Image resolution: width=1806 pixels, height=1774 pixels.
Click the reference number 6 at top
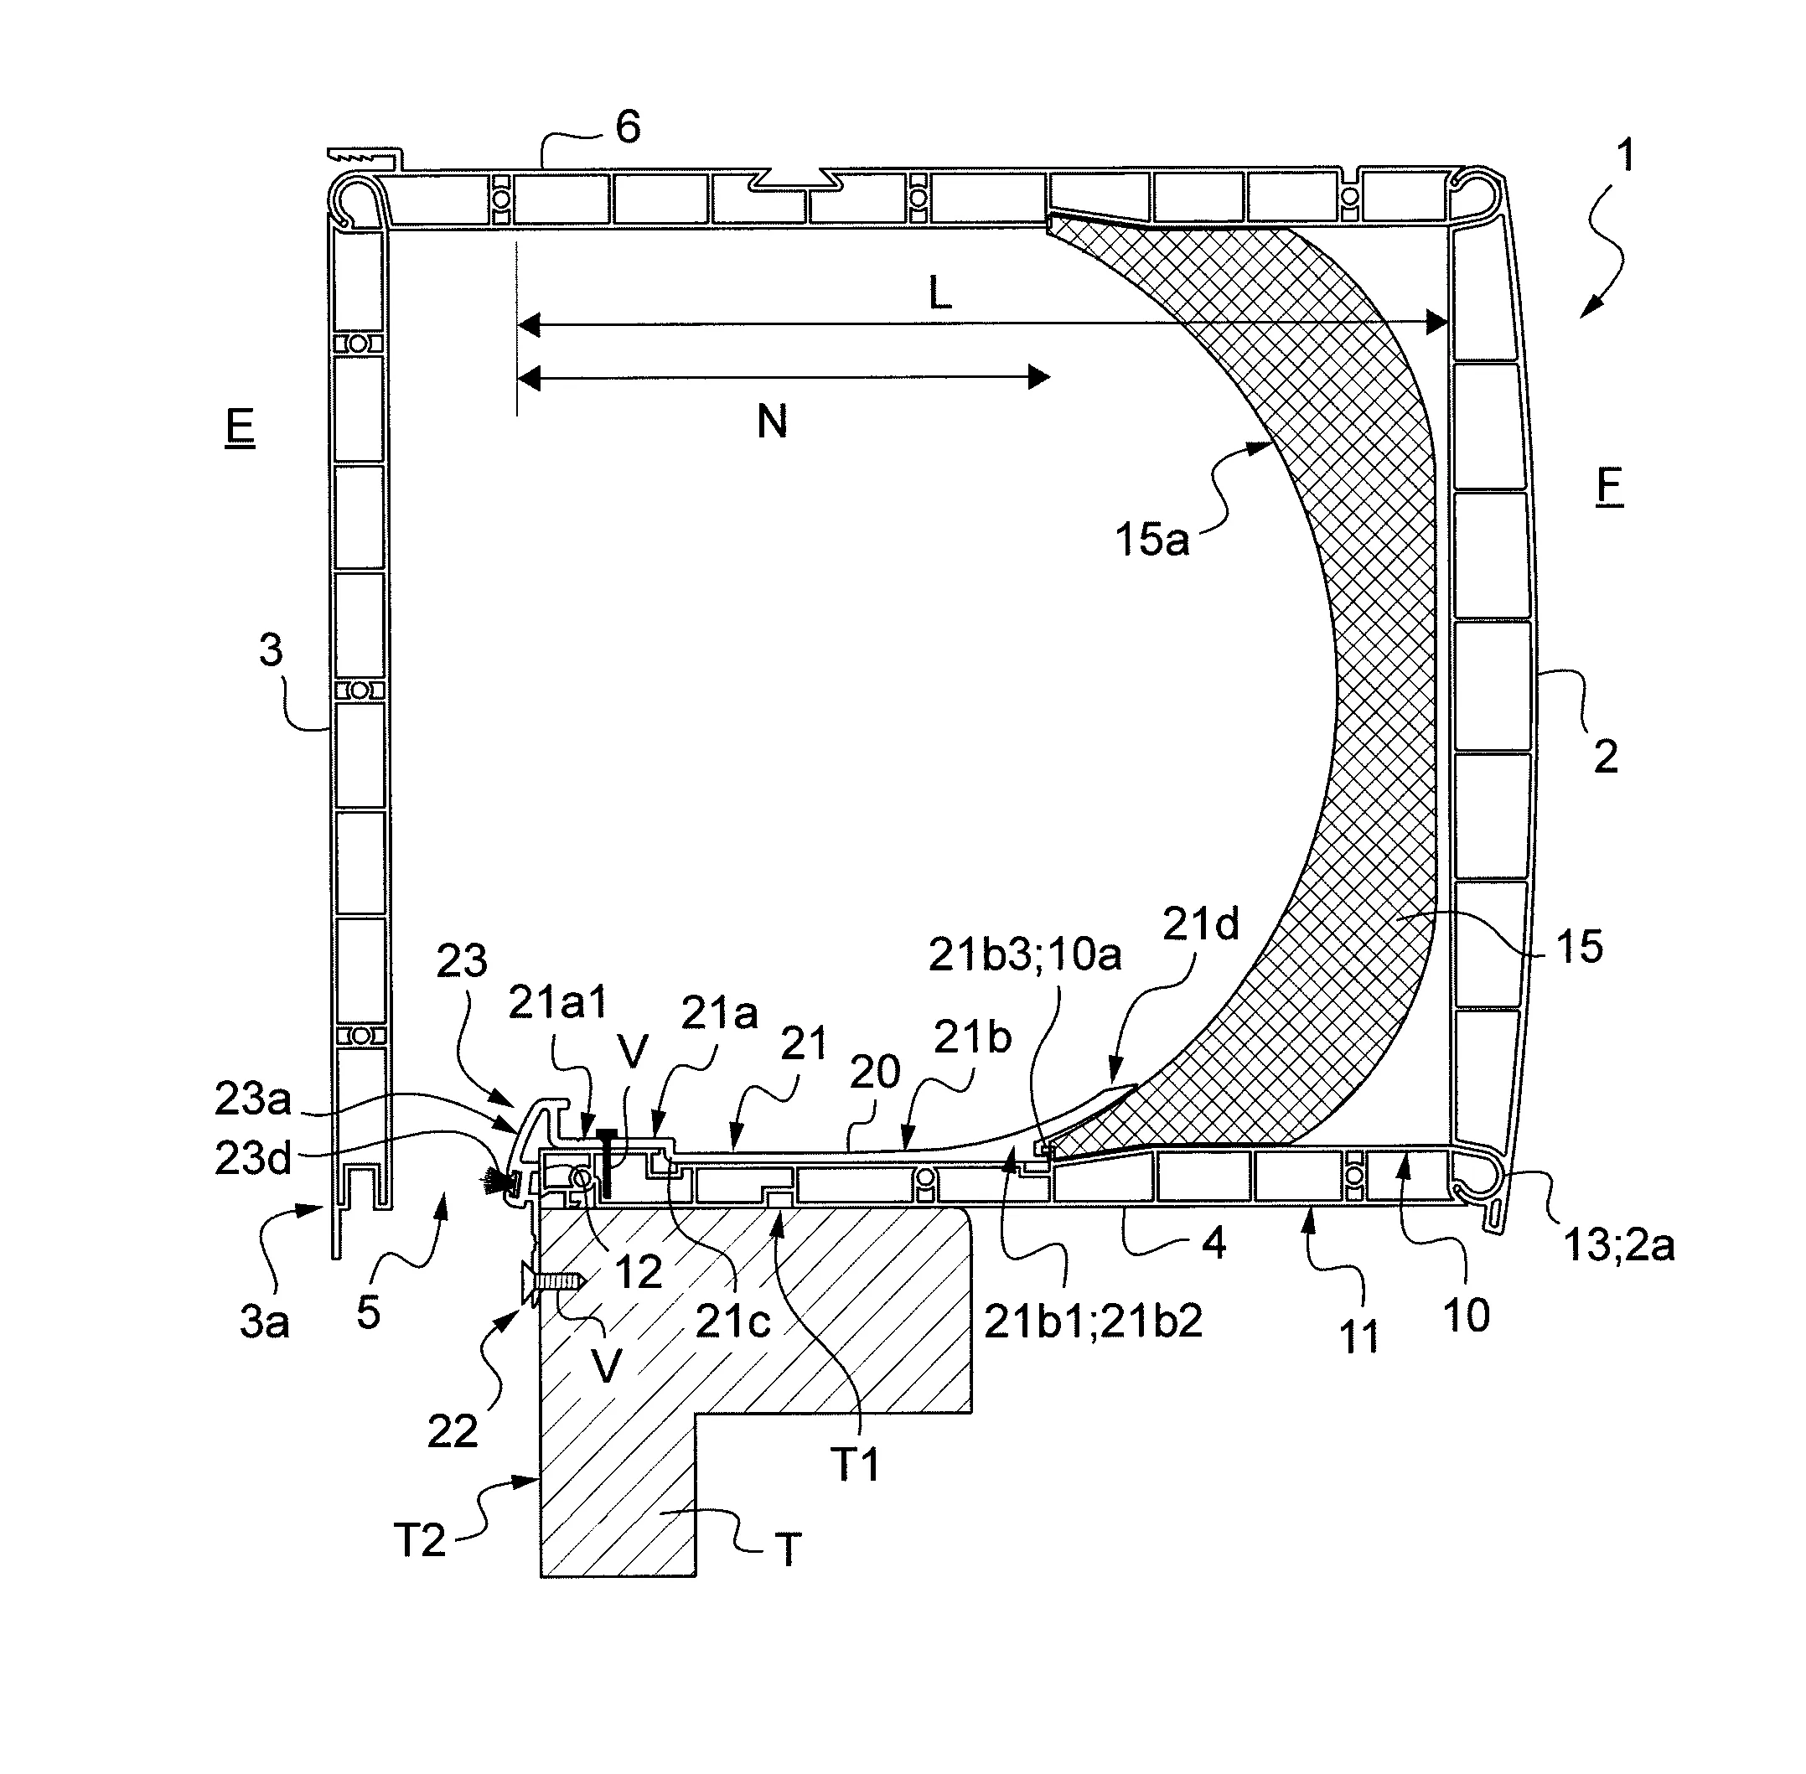[x=628, y=127]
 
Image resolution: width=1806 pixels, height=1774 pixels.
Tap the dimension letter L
[x=939, y=294]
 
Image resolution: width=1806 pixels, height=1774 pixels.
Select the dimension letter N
[x=772, y=422]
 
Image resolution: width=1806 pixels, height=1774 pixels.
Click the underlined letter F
[x=1608, y=485]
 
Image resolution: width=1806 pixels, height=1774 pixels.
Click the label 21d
[x=1200, y=924]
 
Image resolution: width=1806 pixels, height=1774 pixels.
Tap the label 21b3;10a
[x=1024, y=956]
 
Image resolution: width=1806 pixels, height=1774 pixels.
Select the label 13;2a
[x=1618, y=1244]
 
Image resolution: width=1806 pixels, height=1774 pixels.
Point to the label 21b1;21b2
[x=1093, y=1321]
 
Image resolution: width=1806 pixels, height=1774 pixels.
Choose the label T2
[x=419, y=1540]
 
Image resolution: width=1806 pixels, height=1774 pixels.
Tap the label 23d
[x=252, y=1158]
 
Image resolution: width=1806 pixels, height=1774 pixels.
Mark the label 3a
[x=264, y=1322]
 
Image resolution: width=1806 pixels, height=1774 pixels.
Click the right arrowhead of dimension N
[x=1040, y=377]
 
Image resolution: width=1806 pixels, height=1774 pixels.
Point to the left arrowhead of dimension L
[x=527, y=325]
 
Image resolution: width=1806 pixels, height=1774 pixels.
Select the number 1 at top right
[x=1624, y=155]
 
